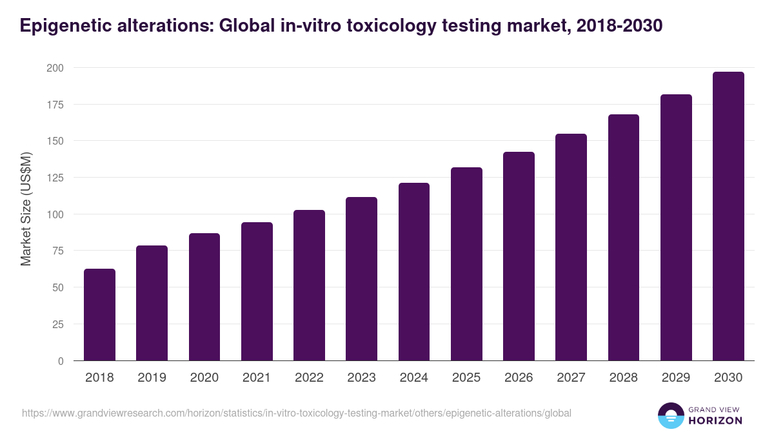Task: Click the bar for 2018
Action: pyautogui.click(x=99, y=315)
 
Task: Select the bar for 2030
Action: pyautogui.click(x=728, y=216)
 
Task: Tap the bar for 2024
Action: pyautogui.click(x=414, y=272)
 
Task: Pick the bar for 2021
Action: pyautogui.click(x=257, y=291)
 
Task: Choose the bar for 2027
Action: pyautogui.click(x=571, y=247)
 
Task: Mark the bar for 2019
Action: pyautogui.click(x=152, y=303)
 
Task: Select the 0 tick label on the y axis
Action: pyautogui.click(x=61, y=361)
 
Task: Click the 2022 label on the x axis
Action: pyautogui.click(x=309, y=378)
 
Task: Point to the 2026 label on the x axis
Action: pyautogui.click(x=519, y=378)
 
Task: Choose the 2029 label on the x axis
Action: pyautogui.click(x=676, y=378)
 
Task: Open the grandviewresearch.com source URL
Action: pyautogui.click(x=297, y=413)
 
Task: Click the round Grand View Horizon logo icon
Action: pyautogui.click(x=671, y=415)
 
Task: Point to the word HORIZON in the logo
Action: pyautogui.click(x=715, y=420)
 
